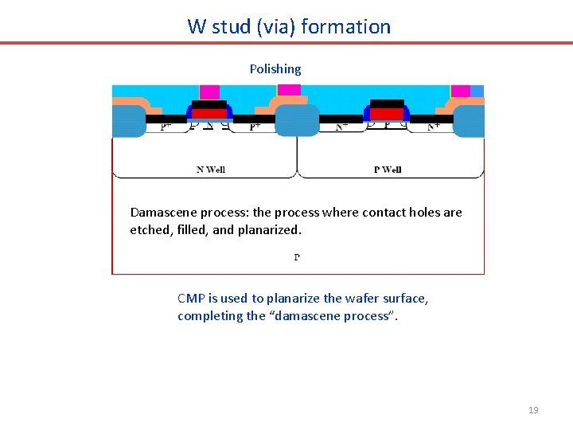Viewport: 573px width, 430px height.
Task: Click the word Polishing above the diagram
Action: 275,69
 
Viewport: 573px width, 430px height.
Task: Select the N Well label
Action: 211,169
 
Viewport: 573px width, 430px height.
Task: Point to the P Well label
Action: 388,169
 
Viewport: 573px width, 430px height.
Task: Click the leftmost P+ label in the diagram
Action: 166,126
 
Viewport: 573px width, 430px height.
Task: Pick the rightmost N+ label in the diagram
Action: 435,126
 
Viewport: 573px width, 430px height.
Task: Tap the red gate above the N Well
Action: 209,114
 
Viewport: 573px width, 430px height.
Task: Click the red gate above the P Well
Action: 387,114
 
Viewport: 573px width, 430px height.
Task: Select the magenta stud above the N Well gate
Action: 209,92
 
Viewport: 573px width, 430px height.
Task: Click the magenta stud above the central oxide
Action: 289,90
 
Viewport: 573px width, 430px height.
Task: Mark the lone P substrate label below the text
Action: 297,256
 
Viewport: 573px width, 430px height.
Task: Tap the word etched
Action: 149,230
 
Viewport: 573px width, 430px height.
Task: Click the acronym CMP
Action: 191,299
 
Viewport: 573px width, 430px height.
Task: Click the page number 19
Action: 533,410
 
